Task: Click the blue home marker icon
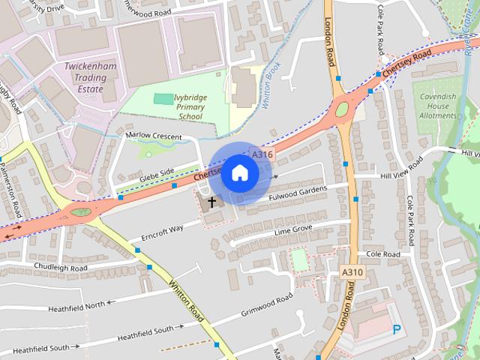(239, 172)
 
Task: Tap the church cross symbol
(211, 202)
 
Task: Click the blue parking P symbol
(397, 328)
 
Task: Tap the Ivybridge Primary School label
(190, 106)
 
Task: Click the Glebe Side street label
(156, 172)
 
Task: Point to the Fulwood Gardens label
(298, 194)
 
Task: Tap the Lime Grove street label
(292, 228)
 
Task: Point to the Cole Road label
(384, 254)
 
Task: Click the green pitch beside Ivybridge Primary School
(162, 98)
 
